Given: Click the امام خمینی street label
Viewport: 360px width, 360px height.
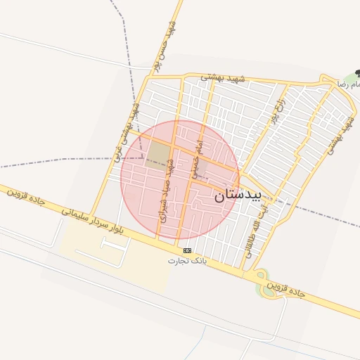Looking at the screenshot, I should (197, 153).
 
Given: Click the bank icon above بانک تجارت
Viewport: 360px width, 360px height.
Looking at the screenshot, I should (187, 250).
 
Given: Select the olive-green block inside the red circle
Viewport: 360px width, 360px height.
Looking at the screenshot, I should (159, 153).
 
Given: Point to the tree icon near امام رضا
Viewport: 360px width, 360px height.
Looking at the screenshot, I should (358, 72).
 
